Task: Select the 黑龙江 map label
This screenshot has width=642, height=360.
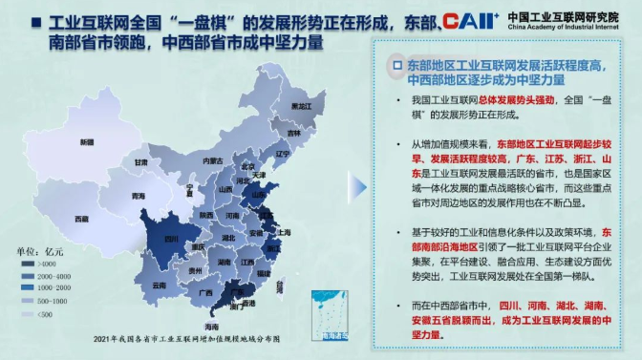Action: coord(301,105)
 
